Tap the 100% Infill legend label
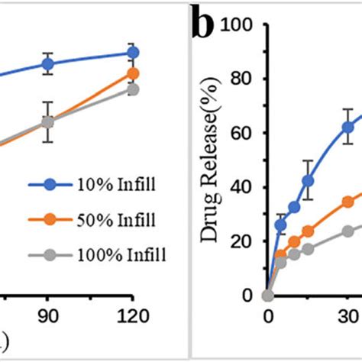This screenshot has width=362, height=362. click(x=121, y=254)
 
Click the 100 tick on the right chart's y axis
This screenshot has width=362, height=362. click(x=238, y=25)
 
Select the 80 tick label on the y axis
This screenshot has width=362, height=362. click(x=242, y=79)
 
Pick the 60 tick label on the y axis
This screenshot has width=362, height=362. click(x=242, y=133)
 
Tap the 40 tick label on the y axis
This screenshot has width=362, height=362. click(x=242, y=187)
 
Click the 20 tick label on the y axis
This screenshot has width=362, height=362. click(x=242, y=241)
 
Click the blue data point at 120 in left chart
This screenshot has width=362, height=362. click(x=133, y=53)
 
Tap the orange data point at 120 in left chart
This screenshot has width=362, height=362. click(x=133, y=73)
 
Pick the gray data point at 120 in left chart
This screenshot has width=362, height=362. click(x=133, y=89)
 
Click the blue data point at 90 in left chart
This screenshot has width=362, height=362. click(x=48, y=64)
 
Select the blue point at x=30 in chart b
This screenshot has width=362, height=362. click(x=348, y=127)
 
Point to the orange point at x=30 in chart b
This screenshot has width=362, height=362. click(x=348, y=202)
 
